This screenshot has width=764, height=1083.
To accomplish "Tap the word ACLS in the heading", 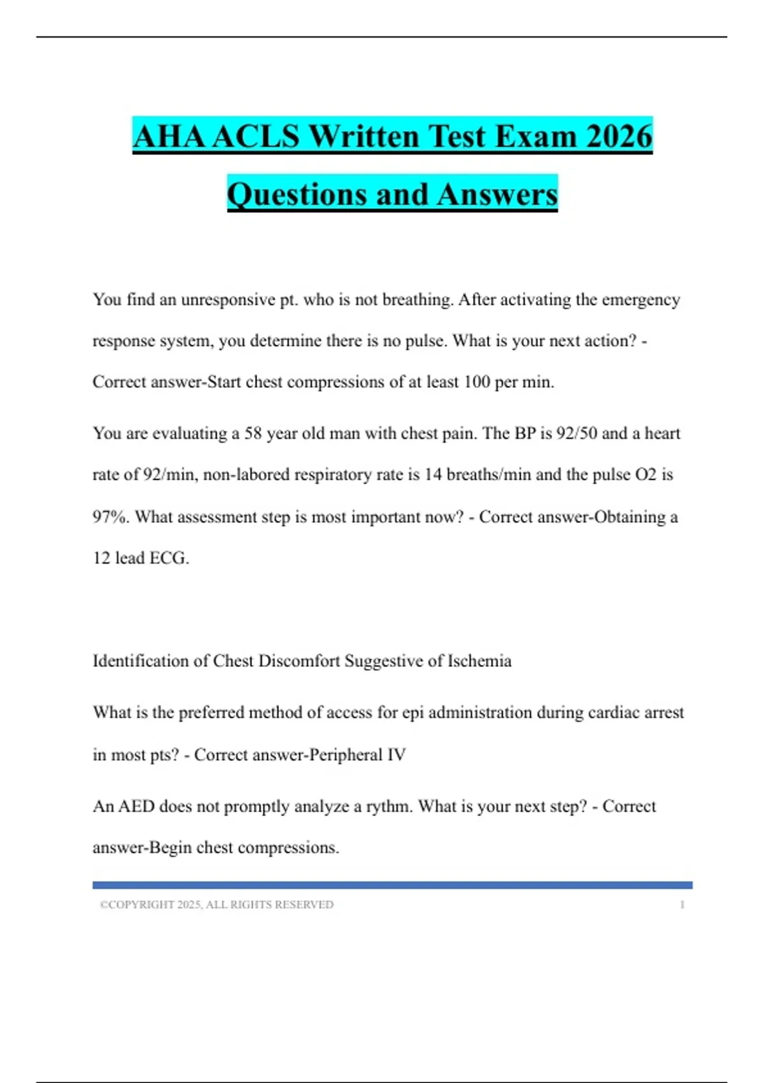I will point(256,136).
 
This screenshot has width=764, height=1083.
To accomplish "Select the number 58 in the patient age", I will point(253,433).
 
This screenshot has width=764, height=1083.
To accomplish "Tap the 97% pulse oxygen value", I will point(110,517).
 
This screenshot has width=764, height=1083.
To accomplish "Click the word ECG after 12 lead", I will point(169,558).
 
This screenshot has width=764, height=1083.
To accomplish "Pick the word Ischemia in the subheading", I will point(479,661).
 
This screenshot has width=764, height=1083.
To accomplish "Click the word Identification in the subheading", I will point(140,661).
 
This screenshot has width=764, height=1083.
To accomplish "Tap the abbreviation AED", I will point(136,807).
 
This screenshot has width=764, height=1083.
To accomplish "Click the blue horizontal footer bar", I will point(392,885).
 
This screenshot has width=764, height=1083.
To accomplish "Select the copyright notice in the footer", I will point(216,905).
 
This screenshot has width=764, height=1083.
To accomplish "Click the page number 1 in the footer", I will point(682,905).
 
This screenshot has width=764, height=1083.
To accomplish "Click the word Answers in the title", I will point(497,194).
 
